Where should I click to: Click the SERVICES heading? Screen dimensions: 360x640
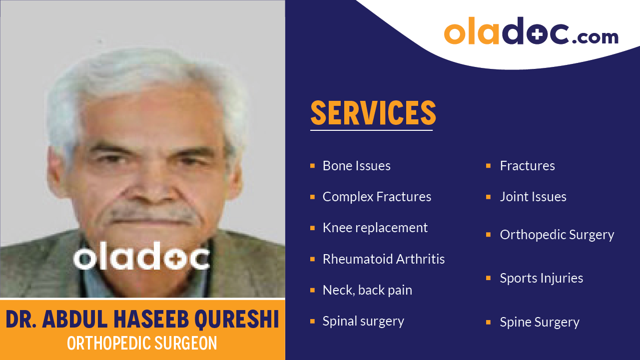click(x=373, y=113)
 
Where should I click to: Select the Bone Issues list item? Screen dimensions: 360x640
click(x=356, y=166)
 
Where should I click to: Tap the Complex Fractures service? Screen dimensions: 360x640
click(x=377, y=197)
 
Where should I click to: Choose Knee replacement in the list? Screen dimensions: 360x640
click(x=375, y=228)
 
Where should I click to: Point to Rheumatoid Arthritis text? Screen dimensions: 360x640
click(x=383, y=259)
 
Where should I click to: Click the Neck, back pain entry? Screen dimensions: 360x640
click(x=367, y=290)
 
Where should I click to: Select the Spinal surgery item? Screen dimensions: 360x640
click(x=363, y=321)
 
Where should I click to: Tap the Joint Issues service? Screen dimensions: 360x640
click(x=533, y=197)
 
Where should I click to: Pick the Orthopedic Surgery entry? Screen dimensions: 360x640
click(x=557, y=235)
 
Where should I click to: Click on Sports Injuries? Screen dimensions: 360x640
click(x=541, y=278)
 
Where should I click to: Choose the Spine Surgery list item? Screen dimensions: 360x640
click(x=539, y=322)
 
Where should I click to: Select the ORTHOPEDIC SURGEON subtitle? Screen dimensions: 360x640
click(x=142, y=343)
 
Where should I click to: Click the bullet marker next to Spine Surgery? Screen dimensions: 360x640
click(x=488, y=322)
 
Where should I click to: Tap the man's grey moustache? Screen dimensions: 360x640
click(x=153, y=215)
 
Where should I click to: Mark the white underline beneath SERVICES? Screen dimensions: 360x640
click(x=371, y=130)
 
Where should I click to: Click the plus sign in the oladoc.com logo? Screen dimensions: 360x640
click(x=535, y=33)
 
